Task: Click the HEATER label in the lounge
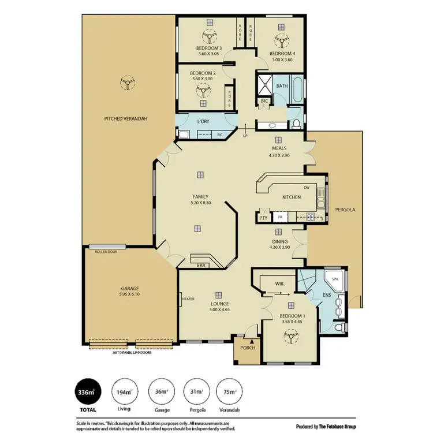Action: coord(188,299)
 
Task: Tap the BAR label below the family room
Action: coord(201,266)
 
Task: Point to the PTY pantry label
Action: coord(263,218)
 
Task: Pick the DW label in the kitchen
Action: coord(306,187)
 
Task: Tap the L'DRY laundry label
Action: coord(203,122)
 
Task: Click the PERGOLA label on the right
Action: coord(345,210)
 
